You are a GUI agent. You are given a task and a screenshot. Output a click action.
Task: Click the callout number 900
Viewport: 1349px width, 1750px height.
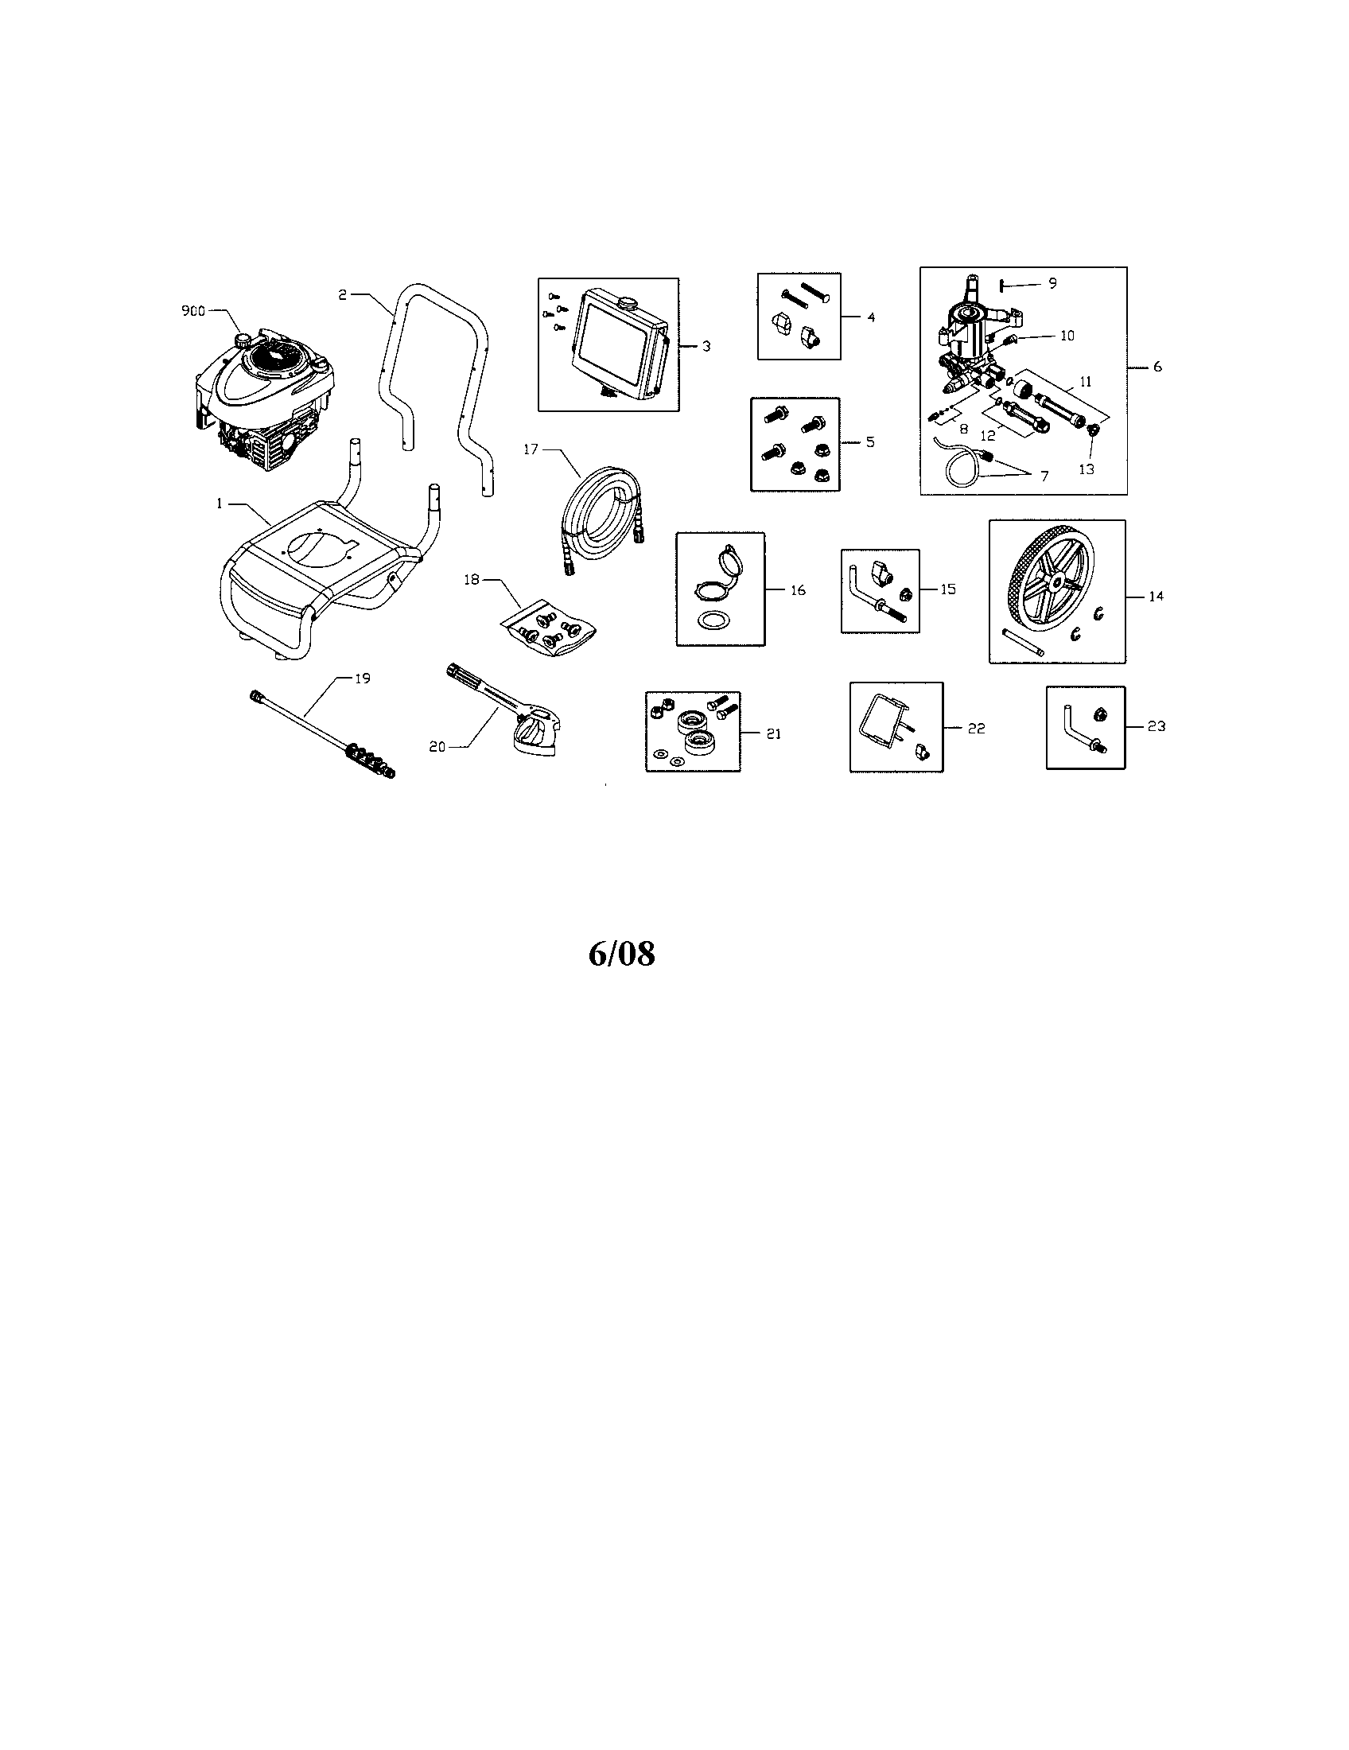click(x=193, y=311)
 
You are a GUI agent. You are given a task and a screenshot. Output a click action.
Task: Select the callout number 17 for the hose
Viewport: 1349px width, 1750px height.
click(x=531, y=449)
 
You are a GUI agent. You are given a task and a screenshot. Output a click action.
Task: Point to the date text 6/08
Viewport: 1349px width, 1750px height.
click(x=622, y=954)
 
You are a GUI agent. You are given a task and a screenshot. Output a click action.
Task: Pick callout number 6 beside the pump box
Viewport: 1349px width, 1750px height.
click(x=1157, y=367)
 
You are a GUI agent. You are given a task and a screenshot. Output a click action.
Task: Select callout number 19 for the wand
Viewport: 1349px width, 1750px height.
click(x=362, y=678)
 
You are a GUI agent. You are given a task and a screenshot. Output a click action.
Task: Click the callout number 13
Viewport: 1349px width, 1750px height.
click(x=1087, y=469)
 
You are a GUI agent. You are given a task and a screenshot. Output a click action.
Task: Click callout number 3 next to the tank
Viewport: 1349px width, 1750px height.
click(x=706, y=346)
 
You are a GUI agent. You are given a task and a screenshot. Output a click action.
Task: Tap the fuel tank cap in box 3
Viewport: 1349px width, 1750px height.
click(x=628, y=303)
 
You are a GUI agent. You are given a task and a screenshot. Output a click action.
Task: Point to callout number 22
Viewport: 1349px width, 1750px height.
click(x=976, y=729)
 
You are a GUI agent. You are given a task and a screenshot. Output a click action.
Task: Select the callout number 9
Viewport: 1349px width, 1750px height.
click(x=1052, y=283)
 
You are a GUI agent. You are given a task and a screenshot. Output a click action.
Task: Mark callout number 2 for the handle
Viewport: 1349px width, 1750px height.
click(x=341, y=295)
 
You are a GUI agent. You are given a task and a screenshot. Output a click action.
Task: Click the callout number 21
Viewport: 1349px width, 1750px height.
click(x=773, y=733)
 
